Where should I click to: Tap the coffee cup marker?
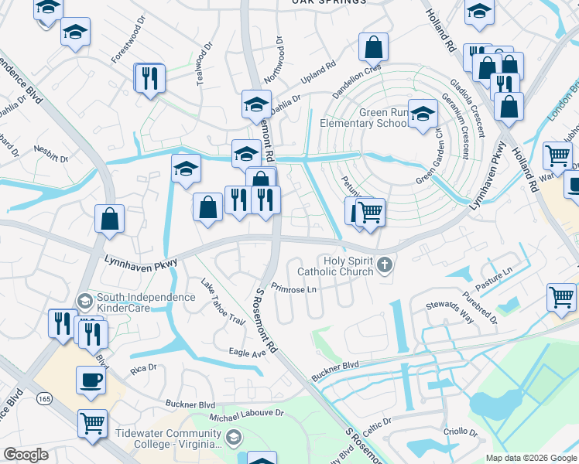(91, 380)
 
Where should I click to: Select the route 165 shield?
(45, 397)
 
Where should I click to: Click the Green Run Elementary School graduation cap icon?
(423, 114)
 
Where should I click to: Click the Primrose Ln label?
(290, 290)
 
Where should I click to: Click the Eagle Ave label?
(248, 352)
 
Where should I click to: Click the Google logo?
(26, 455)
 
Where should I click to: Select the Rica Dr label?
(143, 368)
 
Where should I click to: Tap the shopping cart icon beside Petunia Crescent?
(371, 210)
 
